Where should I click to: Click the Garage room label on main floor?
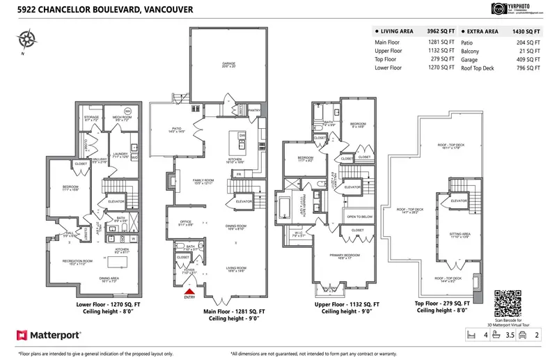[228, 65]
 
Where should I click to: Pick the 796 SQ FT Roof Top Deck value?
[529, 68]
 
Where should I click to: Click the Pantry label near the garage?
[253, 109]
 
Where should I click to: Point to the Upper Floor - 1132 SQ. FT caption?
[346, 305]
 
